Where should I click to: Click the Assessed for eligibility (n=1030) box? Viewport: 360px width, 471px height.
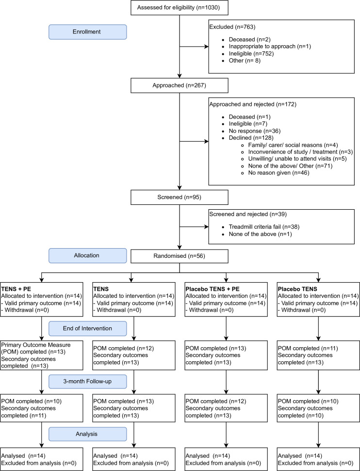(x=179, y=7)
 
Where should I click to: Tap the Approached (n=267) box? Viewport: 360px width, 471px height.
(x=179, y=85)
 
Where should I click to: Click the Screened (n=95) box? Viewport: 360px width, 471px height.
(x=179, y=197)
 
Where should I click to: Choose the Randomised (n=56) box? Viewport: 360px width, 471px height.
(x=179, y=256)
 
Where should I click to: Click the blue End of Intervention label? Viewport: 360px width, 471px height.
(x=88, y=329)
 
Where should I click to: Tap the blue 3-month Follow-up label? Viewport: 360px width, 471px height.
(x=88, y=382)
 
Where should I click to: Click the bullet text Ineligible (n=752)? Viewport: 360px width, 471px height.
(x=251, y=54)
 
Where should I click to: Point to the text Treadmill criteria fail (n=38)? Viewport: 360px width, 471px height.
(x=264, y=227)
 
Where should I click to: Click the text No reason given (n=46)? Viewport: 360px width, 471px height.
(x=278, y=173)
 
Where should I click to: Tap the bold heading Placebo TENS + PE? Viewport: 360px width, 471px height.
(x=213, y=289)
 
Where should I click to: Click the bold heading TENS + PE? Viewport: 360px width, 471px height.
(x=16, y=289)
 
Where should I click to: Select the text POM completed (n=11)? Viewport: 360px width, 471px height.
(x=308, y=349)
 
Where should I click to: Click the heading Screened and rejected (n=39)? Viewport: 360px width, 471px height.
(x=248, y=215)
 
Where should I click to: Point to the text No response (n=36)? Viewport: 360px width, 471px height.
(x=255, y=131)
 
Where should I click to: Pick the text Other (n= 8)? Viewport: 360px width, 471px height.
(x=245, y=61)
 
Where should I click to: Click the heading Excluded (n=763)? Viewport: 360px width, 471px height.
(x=232, y=27)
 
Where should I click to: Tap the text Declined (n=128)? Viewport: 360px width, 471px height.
(x=251, y=138)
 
